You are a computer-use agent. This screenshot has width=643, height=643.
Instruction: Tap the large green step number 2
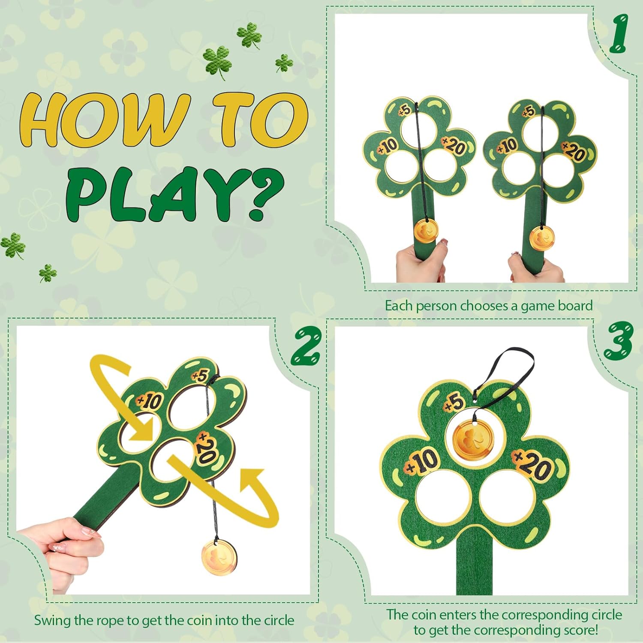(305, 346)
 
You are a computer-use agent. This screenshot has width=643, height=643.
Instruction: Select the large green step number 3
(618, 341)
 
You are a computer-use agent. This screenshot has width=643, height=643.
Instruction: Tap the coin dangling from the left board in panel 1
(426, 231)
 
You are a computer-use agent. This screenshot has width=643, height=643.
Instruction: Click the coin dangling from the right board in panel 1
(542, 237)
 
